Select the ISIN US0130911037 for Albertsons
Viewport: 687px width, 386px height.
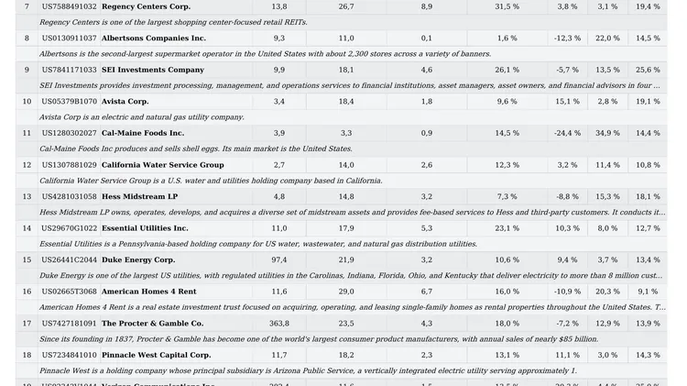[69, 39]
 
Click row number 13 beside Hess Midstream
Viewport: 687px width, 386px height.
[27, 196]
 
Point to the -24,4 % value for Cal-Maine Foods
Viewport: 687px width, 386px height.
[568, 133]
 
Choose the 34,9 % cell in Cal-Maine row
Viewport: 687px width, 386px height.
[607, 133]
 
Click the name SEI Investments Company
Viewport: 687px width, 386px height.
[153, 70]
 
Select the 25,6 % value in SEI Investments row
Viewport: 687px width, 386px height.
[648, 70]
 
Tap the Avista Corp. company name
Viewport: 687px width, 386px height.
[125, 102]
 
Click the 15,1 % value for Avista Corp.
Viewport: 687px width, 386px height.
[568, 102]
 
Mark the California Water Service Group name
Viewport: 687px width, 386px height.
[162, 165]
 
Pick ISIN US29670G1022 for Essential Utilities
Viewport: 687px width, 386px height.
[69, 228]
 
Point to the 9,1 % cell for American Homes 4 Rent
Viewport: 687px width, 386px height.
[648, 292]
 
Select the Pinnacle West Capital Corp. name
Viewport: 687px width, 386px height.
[157, 355]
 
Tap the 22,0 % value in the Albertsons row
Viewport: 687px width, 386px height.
[607, 39]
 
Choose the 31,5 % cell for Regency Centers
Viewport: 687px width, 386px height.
[507, 6]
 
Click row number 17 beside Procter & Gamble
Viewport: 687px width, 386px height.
[27, 324]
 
